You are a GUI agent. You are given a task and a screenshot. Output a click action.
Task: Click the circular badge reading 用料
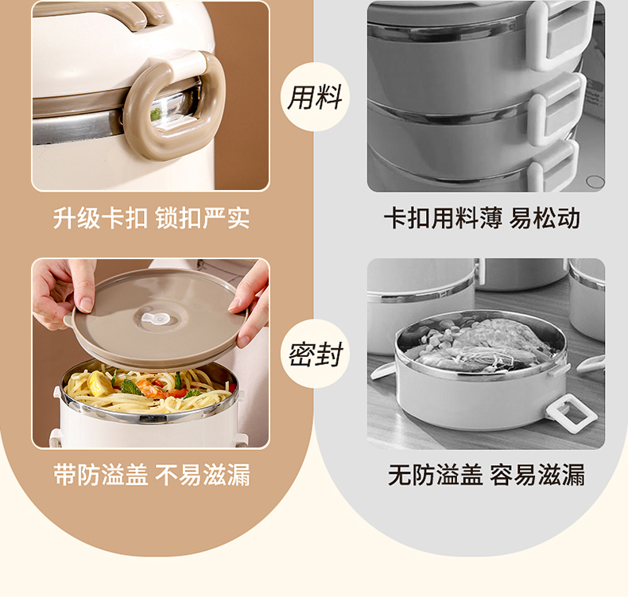pos(315,97)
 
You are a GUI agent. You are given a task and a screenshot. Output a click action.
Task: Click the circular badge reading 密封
pos(315,354)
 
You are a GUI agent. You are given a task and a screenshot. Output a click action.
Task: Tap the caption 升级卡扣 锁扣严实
pos(151,219)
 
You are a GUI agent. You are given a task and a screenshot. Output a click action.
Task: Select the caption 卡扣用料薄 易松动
pos(483,219)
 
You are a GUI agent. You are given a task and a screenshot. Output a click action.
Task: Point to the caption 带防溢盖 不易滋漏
pos(152,475)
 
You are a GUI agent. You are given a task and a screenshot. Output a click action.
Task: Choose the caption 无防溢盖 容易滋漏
pos(487,475)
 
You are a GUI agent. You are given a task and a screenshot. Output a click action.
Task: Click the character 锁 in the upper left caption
pos(167,219)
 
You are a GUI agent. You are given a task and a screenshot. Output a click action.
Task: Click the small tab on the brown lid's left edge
pos(69,319)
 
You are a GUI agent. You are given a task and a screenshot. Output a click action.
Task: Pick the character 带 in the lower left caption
pos(65,475)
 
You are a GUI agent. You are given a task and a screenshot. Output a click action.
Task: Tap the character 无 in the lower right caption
pos(400,475)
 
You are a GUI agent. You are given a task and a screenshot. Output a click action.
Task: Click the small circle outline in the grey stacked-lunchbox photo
pos(595,181)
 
